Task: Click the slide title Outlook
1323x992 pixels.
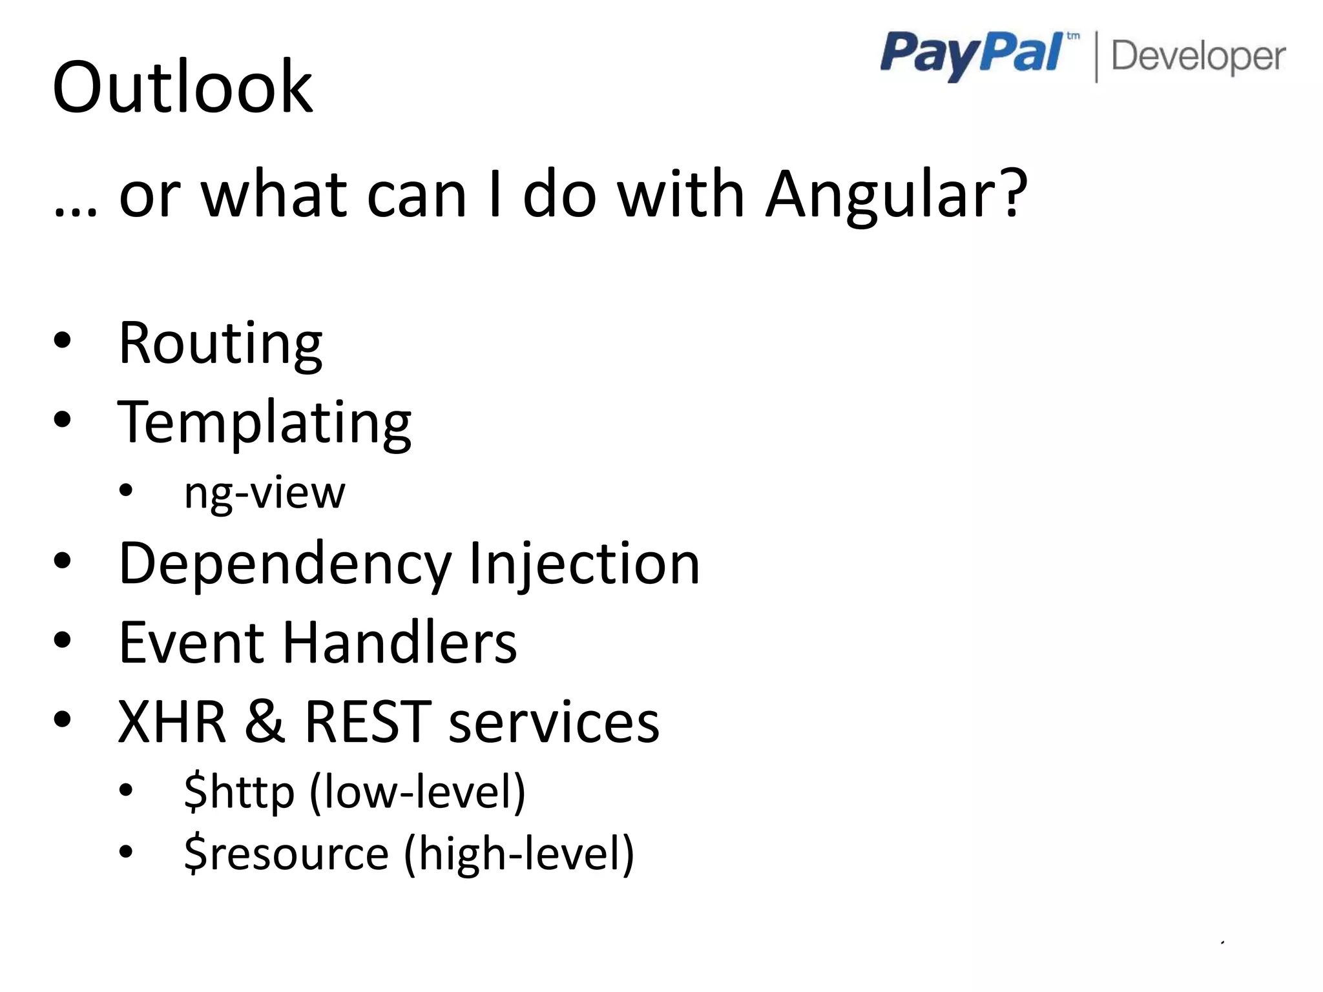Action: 182,87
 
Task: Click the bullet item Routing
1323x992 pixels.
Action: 220,344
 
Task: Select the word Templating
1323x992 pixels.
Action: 264,423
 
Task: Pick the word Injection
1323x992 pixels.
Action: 585,564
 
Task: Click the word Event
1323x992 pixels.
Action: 191,643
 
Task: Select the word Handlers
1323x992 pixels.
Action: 400,643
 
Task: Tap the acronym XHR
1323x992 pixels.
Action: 172,721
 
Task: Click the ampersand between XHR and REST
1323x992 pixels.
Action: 264,721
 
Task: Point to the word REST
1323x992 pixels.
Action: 368,721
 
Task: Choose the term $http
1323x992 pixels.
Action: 239,792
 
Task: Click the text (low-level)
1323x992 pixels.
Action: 417,792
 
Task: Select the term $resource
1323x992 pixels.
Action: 286,854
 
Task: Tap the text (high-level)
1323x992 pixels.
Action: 519,854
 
